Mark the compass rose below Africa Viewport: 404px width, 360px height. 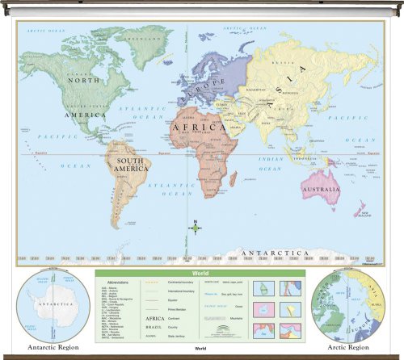point(194,228)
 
